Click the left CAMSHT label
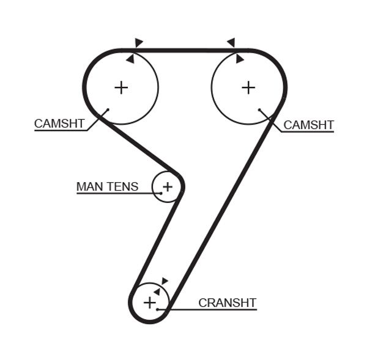pos(59,123)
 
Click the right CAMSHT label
pos(309,125)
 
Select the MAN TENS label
pos(107,186)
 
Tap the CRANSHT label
pos(227,303)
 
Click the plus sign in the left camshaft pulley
pos(121,87)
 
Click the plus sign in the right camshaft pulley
pos(248,87)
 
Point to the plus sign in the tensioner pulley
pos(168,186)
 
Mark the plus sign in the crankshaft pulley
pos(150,302)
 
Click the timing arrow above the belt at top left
pos(139,43)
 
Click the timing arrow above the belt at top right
pos(231,43)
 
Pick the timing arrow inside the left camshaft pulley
pos(130,59)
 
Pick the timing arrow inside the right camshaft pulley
pos(239,59)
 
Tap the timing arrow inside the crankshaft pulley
pos(157,292)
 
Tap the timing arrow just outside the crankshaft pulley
pos(164,281)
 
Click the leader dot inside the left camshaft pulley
pos(108,110)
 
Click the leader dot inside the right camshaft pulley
pos(259,111)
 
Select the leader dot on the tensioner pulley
pos(161,193)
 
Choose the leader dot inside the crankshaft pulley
pos(158,310)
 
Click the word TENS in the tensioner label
pos(123,186)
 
